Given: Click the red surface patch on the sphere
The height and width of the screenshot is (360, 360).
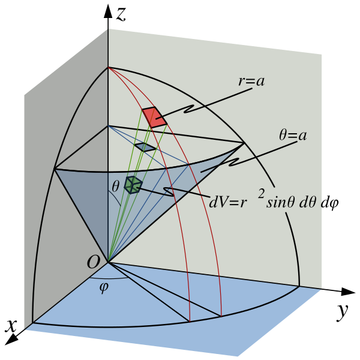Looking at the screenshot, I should coord(154,116).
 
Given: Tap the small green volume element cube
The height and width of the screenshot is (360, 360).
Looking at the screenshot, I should coord(133,185).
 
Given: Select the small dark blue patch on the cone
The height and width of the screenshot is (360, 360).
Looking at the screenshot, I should coord(145,147).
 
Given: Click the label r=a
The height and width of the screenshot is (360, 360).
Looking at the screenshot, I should coord(251,82).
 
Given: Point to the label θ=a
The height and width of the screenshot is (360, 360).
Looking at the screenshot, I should coord(293,136).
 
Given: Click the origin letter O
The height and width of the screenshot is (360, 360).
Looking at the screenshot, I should coord(93,263).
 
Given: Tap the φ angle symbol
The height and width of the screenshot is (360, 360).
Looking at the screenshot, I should coord(104,287).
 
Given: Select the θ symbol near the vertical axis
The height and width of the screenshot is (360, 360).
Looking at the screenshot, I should coord(115,187).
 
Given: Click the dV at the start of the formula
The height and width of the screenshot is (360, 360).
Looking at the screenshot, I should coord(218,202).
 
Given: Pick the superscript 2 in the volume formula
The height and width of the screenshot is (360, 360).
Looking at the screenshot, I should coord(261,193).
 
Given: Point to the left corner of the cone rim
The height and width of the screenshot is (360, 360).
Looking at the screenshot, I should coord(55,169).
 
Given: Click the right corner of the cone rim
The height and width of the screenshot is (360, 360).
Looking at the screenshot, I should coord(244,142).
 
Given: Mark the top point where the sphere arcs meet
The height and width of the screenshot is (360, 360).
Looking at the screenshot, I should coord(108,67).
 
